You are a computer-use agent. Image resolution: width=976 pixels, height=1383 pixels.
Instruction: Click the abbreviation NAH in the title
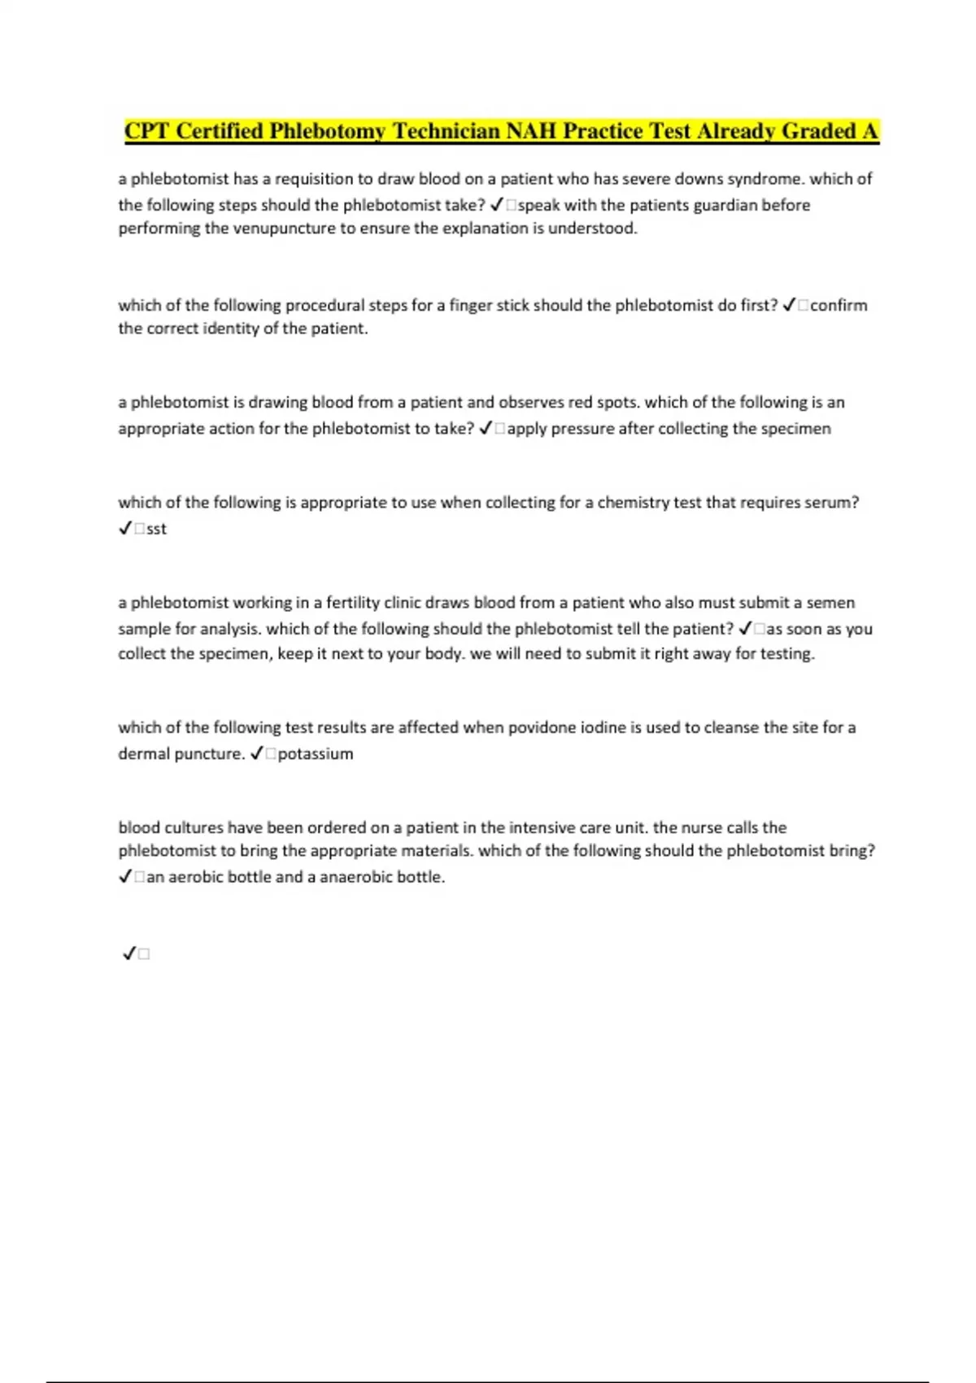point(532,132)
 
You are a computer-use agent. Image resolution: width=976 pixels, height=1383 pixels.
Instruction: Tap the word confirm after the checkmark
point(839,306)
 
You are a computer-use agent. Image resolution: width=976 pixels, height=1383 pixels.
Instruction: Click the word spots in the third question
point(617,403)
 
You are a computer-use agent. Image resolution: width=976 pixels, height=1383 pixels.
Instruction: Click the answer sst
point(156,529)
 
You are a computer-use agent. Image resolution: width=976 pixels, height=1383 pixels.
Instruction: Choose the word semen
point(830,603)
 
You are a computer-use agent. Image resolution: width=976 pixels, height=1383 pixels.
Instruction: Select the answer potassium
point(316,754)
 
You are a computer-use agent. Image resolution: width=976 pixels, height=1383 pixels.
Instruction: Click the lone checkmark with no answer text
point(129,953)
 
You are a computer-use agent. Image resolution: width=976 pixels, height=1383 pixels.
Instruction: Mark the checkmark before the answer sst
point(125,529)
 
